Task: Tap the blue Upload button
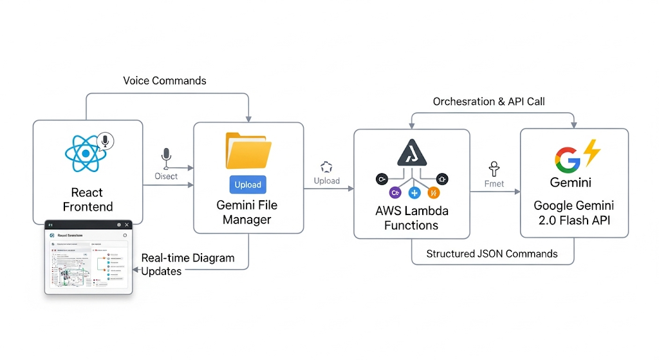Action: coord(248,185)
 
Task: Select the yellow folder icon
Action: coord(248,151)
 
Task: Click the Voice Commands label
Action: coord(165,81)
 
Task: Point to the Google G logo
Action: coord(567,159)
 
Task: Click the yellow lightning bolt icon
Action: coord(591,152)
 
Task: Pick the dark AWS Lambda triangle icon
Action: coord(412,153)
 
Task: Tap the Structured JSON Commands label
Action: coord(492,253)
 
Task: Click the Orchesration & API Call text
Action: coord(489,102)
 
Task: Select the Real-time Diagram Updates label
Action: coord(187,264)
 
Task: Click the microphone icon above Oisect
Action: coord(166,157)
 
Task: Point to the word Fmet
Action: coord(494,184)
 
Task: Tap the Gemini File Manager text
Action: coord(247,212)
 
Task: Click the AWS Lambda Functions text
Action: coord(411,218)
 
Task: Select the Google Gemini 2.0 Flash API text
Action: coord(573,213)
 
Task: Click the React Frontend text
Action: coord(87,200)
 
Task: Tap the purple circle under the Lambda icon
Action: coord(394,192)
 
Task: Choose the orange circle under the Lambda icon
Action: coord(433,192)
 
